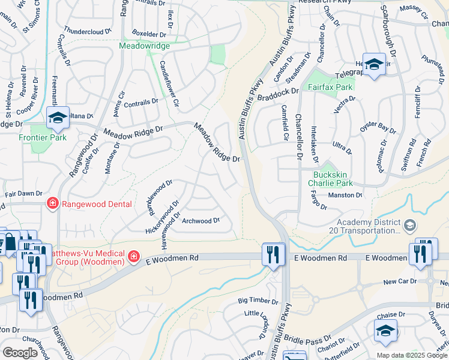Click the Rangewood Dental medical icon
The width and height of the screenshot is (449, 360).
point(52,204)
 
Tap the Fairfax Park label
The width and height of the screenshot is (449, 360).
point(330,87)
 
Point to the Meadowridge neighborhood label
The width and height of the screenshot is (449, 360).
point(144,46)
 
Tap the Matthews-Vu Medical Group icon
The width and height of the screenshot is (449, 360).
point(133,258)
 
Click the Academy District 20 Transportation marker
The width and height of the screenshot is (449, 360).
point(410,226)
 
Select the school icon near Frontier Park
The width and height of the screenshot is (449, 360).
point(58,118)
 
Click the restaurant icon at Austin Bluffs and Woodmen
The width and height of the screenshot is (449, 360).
point(273,254)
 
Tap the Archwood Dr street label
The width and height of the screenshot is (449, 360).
point(201,221)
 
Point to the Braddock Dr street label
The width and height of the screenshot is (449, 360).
point(278,91)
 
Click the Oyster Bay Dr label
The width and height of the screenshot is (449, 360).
point(378,128)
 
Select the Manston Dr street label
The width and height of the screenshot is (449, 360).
point(345,195)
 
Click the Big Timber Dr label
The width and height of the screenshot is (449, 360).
point(258,301)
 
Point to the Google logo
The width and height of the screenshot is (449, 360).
point(20,353)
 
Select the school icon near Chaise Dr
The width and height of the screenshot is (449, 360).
point(385,329)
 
